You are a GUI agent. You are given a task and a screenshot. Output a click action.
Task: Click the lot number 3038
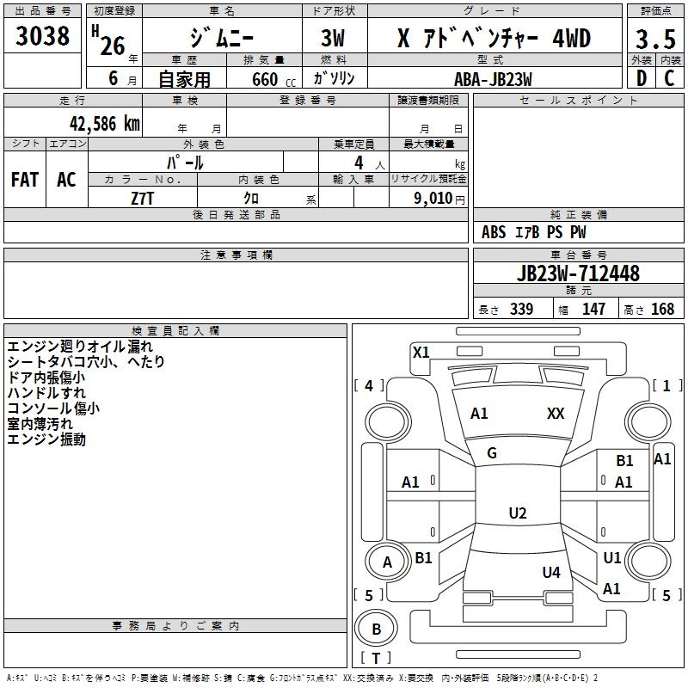(42, 35)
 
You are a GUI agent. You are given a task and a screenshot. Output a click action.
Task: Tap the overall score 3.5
(655, 39)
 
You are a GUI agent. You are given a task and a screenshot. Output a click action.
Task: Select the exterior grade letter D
(642, 78)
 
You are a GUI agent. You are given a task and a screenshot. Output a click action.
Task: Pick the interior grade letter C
(669, 78)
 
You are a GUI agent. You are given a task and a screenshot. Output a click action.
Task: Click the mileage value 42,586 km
(104, 124)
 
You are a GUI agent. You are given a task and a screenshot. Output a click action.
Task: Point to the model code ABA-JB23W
(493, 79)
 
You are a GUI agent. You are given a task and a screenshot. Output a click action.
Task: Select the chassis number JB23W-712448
(578, 273)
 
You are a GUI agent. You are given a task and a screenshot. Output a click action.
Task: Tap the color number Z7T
(142, 199)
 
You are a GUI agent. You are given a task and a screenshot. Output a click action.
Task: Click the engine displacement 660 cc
(273, 79)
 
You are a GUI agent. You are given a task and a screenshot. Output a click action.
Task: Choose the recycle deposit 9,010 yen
(439, 199)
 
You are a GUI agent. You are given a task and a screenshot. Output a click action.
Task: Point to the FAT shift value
(25, 180)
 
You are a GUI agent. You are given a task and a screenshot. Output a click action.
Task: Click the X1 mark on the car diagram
(421, 353)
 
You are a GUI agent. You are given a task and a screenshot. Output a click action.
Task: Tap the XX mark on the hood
(556, 414)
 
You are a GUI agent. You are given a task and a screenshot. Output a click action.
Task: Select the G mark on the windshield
(492, 453)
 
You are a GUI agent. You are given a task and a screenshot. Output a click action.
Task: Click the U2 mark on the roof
(518, 513)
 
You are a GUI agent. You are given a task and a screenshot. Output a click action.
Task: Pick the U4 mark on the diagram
(551, 572)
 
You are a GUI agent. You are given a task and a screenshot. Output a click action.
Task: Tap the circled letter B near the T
(376, 629)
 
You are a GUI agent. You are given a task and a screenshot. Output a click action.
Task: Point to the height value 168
(662, 310)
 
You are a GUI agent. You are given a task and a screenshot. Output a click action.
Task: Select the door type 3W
(333, 39)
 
